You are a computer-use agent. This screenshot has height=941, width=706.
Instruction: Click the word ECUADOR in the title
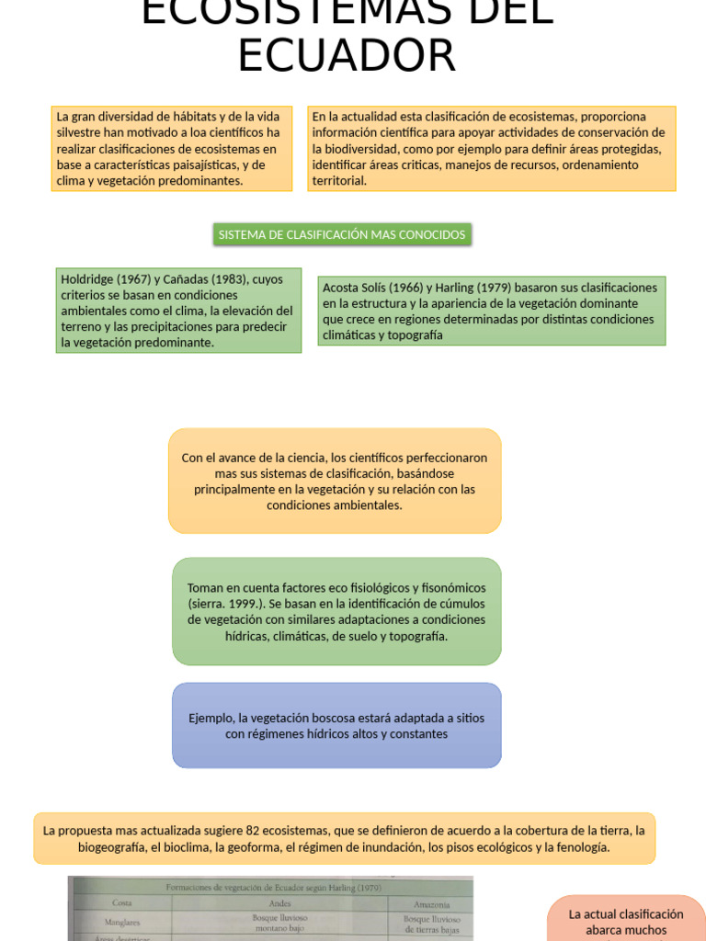(347, 55)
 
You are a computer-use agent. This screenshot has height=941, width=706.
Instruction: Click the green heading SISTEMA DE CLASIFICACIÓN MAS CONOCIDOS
(341, 235)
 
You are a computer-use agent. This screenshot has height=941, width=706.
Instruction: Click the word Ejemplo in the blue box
(211, 718)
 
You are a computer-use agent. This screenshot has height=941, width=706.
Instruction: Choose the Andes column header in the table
(279, 902)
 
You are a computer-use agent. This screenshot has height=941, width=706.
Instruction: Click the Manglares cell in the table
(122, 921)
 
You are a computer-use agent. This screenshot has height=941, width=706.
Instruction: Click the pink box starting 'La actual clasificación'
(626, 921)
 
